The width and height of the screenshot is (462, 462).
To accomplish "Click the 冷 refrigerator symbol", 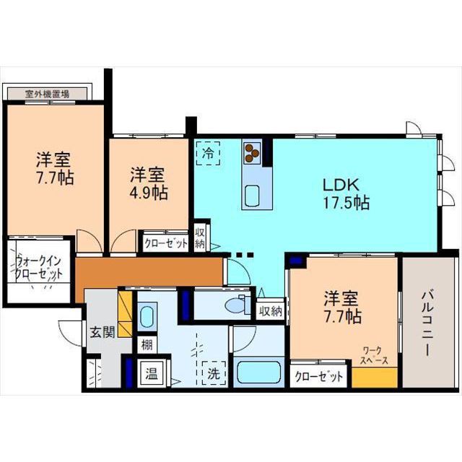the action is click(x=209, y=153).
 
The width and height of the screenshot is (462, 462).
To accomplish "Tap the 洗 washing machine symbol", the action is click(x=214, y=373).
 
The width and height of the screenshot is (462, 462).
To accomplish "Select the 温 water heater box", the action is click(x=152, y=374).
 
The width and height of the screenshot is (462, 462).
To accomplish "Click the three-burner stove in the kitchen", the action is click(x=252, y=153).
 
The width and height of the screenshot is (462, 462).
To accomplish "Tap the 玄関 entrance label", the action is click(x=103, y=332).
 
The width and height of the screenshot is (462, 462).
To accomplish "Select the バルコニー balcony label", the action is click(x=427, y=323).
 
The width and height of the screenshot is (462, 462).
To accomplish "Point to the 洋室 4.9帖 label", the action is click(x=149, y=183).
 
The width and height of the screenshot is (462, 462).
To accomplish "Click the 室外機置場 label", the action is click(x=47, y=95).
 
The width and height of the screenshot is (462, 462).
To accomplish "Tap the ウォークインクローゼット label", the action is click(x=38, y=268).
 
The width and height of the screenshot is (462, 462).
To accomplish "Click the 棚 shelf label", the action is click(x=147, y=345).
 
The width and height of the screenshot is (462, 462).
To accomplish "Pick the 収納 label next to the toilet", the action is click(x=271, y=311).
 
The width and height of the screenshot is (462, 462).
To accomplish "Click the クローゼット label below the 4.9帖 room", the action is click(x=166, y=243).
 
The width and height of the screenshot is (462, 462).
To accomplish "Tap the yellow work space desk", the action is click(x=375, y=378).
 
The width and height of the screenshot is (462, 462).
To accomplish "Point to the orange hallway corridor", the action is click(x=149, y=271).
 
